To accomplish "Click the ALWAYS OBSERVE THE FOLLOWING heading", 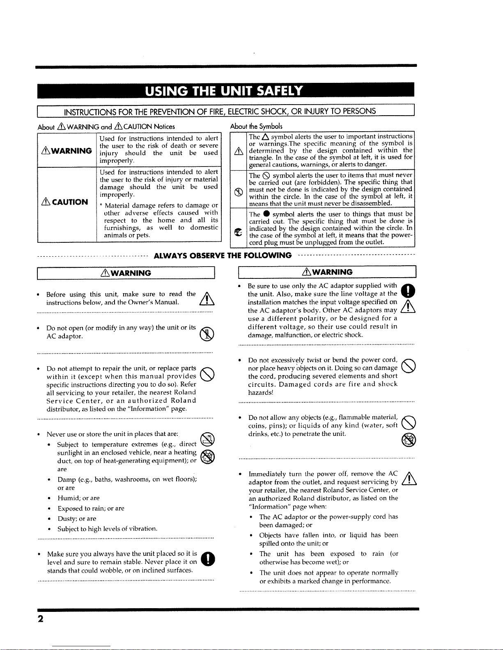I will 223,256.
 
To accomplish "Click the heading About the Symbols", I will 256,126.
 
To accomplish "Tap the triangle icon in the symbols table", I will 238,151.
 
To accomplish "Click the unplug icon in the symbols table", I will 237,232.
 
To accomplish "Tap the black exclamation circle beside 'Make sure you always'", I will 209,559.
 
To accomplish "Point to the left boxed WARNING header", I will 126,273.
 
